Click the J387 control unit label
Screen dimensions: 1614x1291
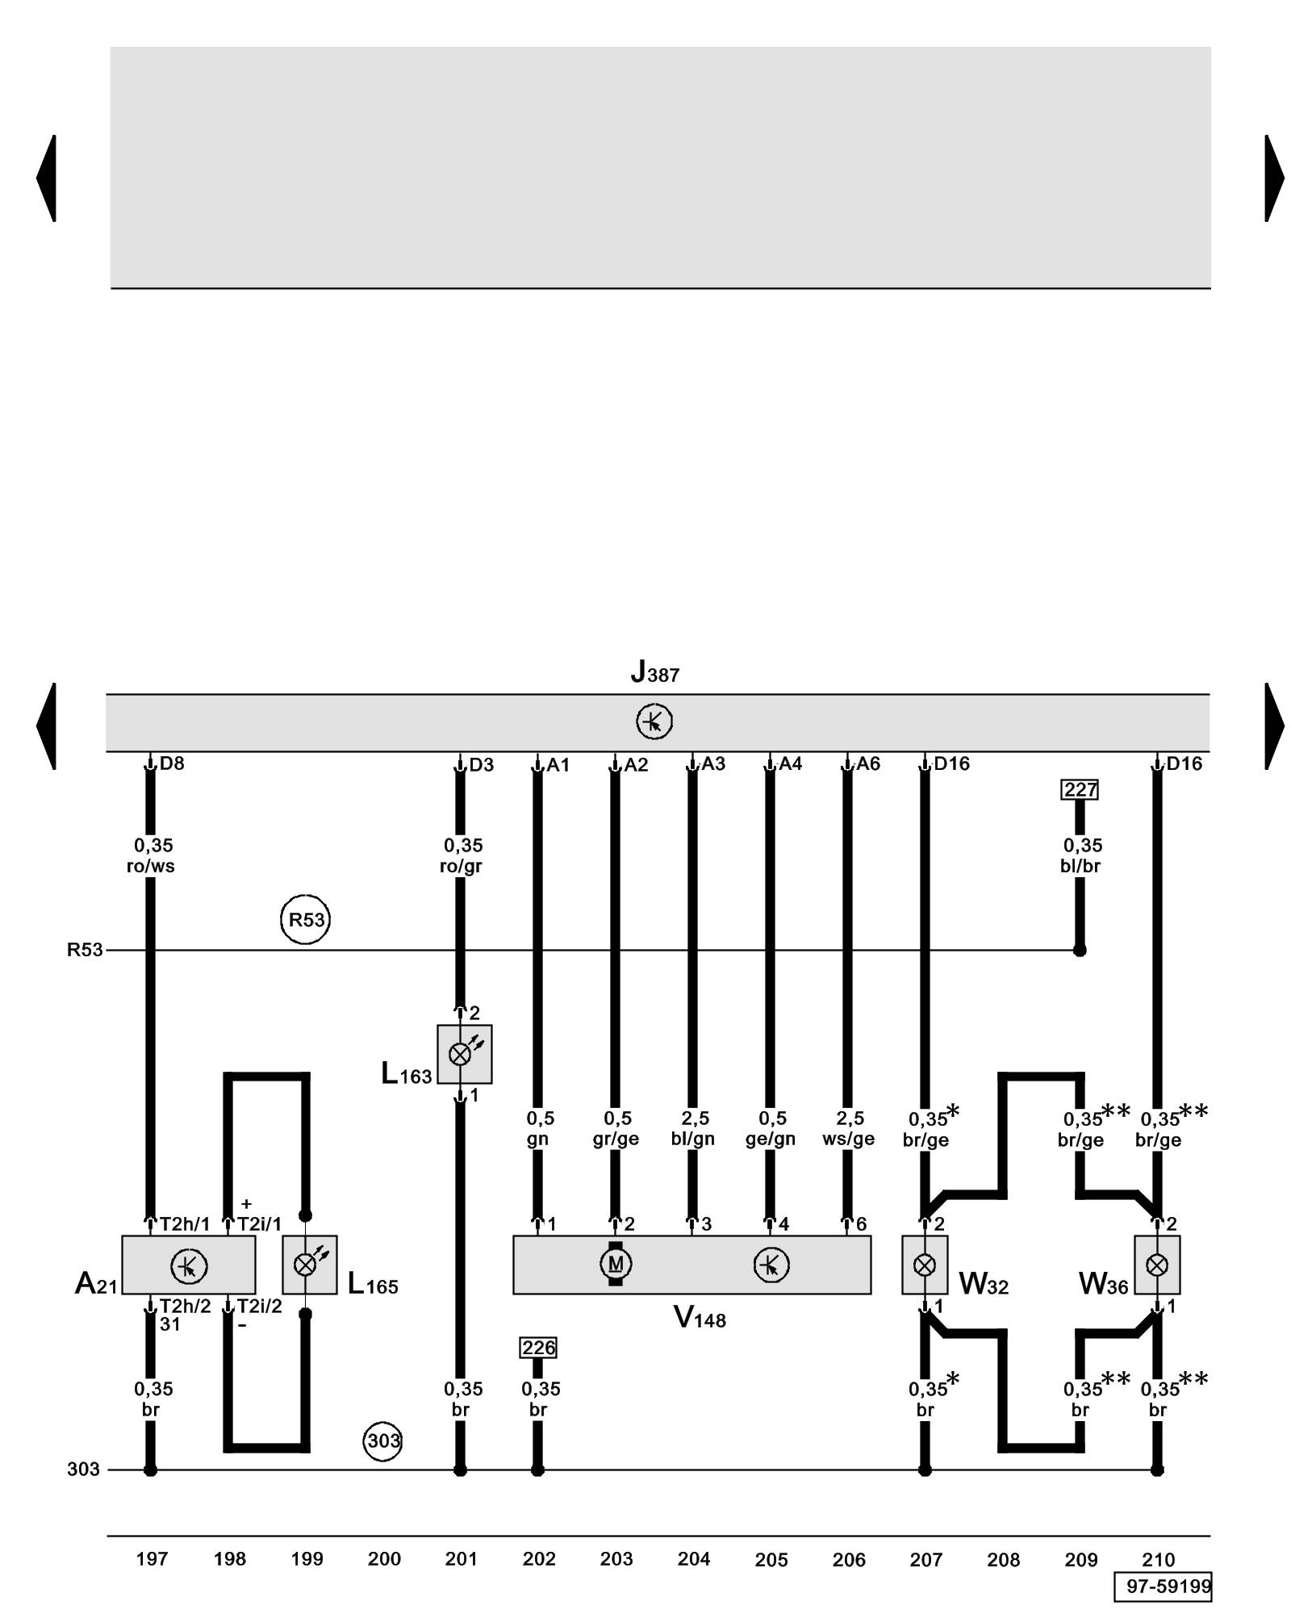point(654,672)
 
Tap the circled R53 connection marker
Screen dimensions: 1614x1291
point(306,919)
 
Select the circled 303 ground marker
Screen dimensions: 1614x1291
point(383,1440)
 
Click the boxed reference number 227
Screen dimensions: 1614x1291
point(1080,789)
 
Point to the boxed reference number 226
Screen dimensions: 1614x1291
point(538,1348)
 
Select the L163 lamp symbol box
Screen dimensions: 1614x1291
point(464,1054)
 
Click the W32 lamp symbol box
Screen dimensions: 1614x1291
point(925,1265)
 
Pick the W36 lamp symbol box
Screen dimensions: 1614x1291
point(1157,1265)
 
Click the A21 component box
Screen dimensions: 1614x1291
point(189,1265)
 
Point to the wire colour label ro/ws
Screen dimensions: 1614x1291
point(151,867)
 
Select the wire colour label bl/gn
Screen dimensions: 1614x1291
point(693,1139)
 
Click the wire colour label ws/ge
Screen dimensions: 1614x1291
point(848,1139)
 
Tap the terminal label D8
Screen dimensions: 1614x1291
point(172,763)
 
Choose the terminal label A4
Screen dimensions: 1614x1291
point(790,763)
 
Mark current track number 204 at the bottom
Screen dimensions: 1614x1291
point(693,1559)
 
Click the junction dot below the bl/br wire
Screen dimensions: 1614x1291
point(1080,950)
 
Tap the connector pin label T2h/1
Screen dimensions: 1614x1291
point(185,1224)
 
